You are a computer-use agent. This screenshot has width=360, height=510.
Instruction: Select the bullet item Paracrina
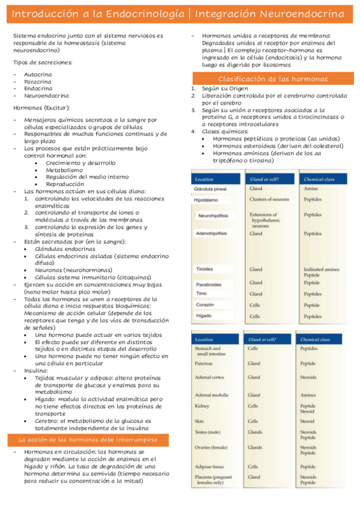(x=37, y=81)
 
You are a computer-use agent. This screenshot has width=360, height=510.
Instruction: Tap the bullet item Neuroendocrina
(x=46, y=96)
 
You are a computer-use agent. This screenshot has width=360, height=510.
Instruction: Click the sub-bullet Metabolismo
(x=64, y=170)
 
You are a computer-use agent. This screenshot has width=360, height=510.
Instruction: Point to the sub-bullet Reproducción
(x=66, y=184)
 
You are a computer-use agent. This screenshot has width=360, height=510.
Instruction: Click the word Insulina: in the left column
(x=36, y=371)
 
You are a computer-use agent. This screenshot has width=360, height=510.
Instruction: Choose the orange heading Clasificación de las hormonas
(x=272, y=79)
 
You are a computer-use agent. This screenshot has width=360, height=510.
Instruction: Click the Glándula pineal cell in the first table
(x=210, y=189)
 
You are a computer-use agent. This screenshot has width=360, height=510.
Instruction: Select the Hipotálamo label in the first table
(x=207, y=200)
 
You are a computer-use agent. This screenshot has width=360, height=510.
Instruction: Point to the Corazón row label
(x=205, y=305)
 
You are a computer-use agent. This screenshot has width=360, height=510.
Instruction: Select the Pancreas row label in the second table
(x=204, y=363)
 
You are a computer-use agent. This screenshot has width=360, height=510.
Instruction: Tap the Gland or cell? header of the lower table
(x=262, y=340)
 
